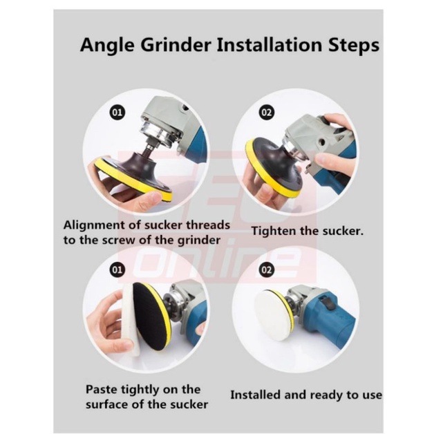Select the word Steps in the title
point(354,45)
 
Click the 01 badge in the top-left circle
point(117,112)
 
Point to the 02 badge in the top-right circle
point(266,112)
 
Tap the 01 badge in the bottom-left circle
point(117,270)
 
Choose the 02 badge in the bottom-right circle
point(266,270)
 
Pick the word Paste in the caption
point(102,390)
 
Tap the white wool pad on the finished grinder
point(271,309)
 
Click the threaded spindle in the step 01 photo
point(149,146)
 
